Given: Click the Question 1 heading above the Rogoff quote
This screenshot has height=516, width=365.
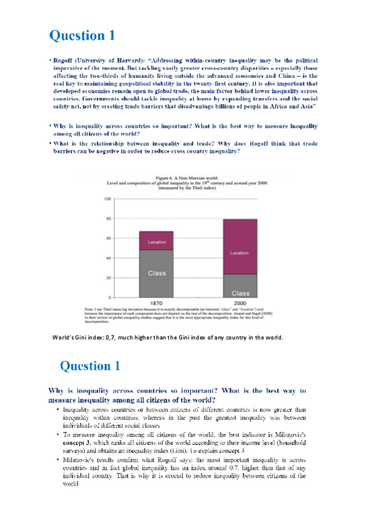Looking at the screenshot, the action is coord(82,35).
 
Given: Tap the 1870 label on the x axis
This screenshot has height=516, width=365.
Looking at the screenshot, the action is coord(155,302).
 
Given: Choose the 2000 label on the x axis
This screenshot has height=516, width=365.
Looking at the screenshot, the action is coord(239,302).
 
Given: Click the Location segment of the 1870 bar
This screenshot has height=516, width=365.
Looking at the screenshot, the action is coord(157,242).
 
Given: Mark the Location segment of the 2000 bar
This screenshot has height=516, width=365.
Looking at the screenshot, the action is coord(239,252).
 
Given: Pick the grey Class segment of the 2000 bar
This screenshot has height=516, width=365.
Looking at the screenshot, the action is coord(239,285).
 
